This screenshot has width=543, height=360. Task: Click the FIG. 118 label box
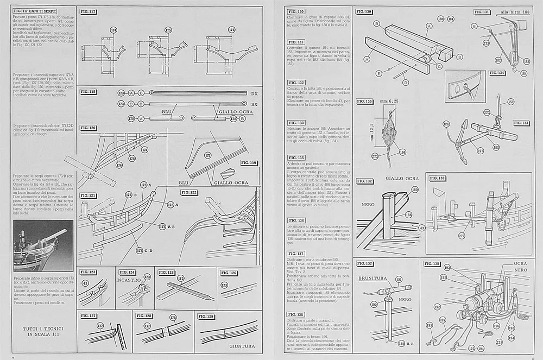89,92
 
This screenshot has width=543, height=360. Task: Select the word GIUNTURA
242,346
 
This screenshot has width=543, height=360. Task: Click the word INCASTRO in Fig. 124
128,280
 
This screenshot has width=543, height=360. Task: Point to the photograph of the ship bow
42,246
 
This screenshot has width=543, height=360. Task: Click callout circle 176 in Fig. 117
231,30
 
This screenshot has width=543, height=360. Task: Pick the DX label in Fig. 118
254,94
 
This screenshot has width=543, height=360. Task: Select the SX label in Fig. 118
254,104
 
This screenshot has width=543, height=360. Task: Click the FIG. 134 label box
497,72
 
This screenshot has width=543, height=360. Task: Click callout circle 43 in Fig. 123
85,282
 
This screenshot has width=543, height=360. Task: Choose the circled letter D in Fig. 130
405,83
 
